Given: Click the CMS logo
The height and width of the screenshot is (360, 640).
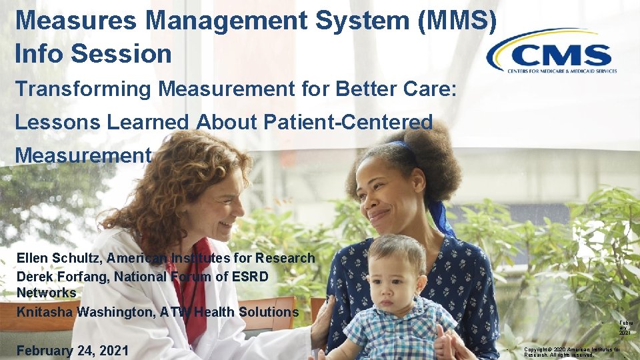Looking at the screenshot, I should pyautogui.click(x=552, y=51).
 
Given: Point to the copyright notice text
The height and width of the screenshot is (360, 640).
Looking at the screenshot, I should pyautogui.click(x=572, y=352).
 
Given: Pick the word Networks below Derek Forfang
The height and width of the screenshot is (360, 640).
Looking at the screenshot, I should pyautogui.click(x=46, y=293).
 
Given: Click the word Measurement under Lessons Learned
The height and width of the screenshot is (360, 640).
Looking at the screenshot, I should pyautogui.click(x=83, y=155).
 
